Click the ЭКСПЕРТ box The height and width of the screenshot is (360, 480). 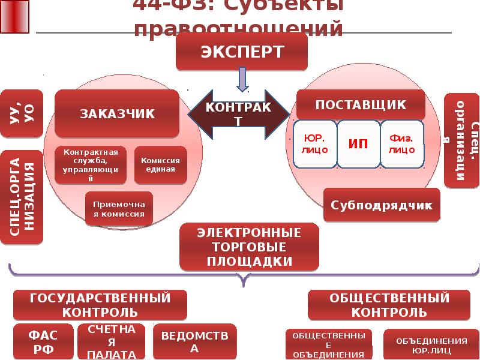pos(241,51)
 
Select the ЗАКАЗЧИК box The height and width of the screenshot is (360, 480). pos(117,113)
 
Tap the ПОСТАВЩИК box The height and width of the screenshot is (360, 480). pos(361,105)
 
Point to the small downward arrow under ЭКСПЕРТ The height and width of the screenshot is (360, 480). pos(242,79)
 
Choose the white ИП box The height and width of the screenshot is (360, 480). pos(358,144)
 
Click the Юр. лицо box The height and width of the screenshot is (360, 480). pos(315,144)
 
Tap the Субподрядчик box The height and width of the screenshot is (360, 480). pos(382,205)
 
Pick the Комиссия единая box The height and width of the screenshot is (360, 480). pos(160,164)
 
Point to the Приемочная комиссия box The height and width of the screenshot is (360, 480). pos(119,208)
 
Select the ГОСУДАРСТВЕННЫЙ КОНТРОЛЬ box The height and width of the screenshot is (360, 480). pos(100,305)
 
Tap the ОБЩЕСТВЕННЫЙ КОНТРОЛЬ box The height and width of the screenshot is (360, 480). pos(389,305)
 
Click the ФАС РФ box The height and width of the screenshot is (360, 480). pos(43,341)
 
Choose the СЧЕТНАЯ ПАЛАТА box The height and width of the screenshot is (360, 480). pos(112,341)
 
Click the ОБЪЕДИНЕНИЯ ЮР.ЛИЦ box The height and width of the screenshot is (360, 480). pos(424,344)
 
